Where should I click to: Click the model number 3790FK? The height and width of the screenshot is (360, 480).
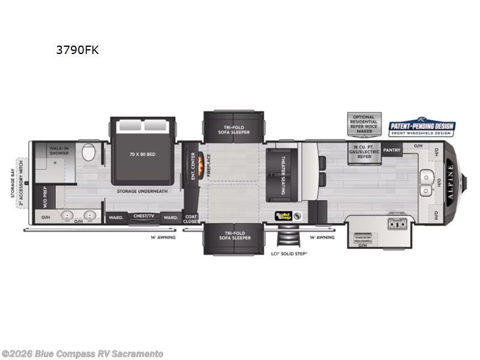[77, 50]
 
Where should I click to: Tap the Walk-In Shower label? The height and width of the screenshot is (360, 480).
[59, 150]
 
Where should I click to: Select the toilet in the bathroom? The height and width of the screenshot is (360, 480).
[88, 153]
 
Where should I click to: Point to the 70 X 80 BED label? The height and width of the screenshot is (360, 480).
[143, 154]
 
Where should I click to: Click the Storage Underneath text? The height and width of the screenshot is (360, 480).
[142, 191]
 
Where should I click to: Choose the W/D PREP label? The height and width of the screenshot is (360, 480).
[45, 197]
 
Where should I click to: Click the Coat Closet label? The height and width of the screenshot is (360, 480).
[191, 219]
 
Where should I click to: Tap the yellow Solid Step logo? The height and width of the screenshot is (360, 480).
[283, 216]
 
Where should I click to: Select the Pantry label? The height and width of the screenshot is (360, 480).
[392, 150]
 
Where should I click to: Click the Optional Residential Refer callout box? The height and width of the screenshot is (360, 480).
[364, 123]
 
